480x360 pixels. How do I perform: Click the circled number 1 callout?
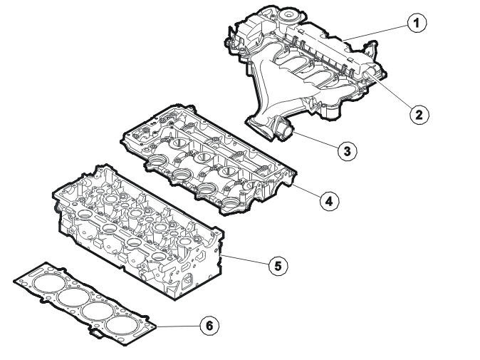[x=417, y=23]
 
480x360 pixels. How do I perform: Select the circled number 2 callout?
[x=419, y=115]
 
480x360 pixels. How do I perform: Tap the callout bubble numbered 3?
[x=348, y=150]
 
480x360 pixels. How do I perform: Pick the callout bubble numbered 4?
[x=330, y=201]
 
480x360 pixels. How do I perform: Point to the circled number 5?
[x=278, y=266]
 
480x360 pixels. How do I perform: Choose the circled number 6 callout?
[x=209, y=325]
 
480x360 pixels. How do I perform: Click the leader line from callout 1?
[x=375, y=33]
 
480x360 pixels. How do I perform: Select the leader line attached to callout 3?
[x=315, y=140]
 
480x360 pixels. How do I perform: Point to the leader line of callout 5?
[x=246, y=259]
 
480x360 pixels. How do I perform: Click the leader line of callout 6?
[x=179, y=326]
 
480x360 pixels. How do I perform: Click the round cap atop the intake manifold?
[x=288, y=14]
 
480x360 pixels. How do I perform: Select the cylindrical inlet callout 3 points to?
[x=285, y=130]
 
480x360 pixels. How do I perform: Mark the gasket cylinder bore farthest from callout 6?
[x=46, y=284]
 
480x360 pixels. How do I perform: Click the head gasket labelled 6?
[x=85, y=304]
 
